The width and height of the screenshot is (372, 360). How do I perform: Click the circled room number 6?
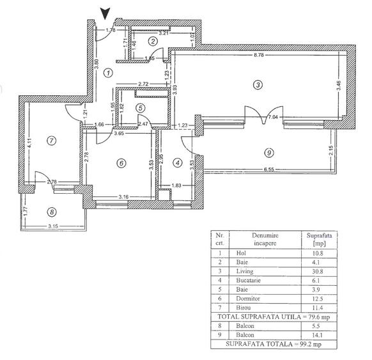coord(121,162)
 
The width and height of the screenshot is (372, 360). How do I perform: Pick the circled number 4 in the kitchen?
coord(178,162)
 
